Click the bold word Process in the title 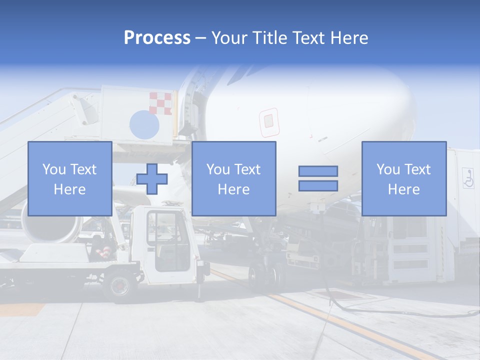pyautogui.click(x=157, y=37)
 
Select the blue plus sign pyautogui.click(x=151, y=178)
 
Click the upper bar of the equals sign pyautogui.click(x=318, y=171)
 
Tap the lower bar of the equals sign pyautogui.click(x=318, y=185)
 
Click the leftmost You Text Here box pyautogui.click(x=69, y=178)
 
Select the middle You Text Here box pyautogui.click(x=233, y=178)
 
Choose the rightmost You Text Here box pyautogui.click(x=403, y=178)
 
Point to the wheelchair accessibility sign pyautogui.click(x=468, y=178)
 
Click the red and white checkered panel pyautogui.click(x=160, y=103)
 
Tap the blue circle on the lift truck pyautogui.click(x=144, y=124)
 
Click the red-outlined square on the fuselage pyautogui.click(x=268, y=121)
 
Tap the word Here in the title pyautogui.click(x=349, y=37)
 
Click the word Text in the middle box pyautogui.click(x=247, y=169)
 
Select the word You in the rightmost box pyautogui.click(x=388, y=169)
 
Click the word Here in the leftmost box pyautogui.click(x=69, y=189)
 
